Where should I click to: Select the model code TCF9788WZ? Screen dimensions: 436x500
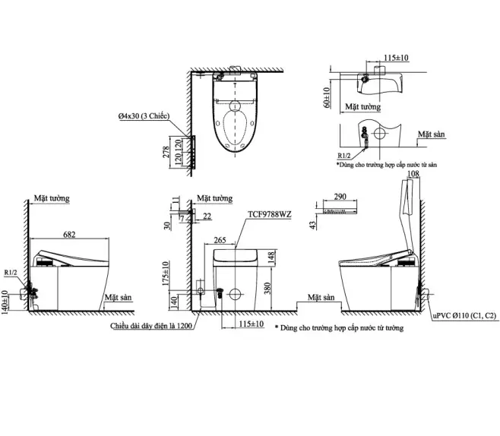[x=269, y=216]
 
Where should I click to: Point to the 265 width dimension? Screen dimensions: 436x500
[x=220, y=241]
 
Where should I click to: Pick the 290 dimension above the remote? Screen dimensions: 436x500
[x=340, y=197]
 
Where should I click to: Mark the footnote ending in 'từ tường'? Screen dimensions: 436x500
[x=339, y=328]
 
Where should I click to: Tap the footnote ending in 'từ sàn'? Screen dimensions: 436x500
[x=386, y=164]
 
